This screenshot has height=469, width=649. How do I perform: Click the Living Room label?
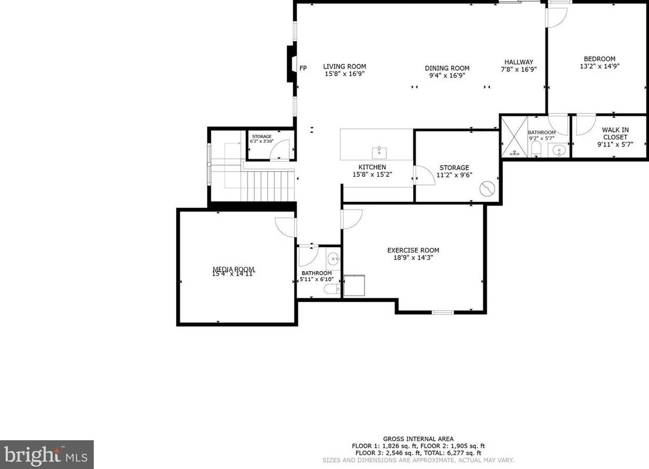coord(345,67)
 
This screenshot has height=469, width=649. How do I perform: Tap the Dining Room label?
coord(447,69)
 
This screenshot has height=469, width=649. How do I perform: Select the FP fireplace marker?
coord(303,69)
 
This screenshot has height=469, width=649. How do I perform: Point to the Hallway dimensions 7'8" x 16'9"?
coord(518,69)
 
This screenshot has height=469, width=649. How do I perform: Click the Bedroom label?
coord(599,59)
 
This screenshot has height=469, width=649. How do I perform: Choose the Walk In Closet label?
coord(615,133)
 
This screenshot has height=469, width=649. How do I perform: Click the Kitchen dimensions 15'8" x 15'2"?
coord(372,174)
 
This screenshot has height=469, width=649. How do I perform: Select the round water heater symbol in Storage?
coord(487,188)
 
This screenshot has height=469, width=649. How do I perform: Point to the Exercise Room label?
coord(413,251)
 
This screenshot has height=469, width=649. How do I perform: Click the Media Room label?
coord(233,270)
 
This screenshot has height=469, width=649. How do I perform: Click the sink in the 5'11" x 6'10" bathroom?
coord(332,258)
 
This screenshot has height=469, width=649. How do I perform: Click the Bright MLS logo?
coord(46,454)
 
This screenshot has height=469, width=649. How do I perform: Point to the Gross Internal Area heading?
coord(418,439)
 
